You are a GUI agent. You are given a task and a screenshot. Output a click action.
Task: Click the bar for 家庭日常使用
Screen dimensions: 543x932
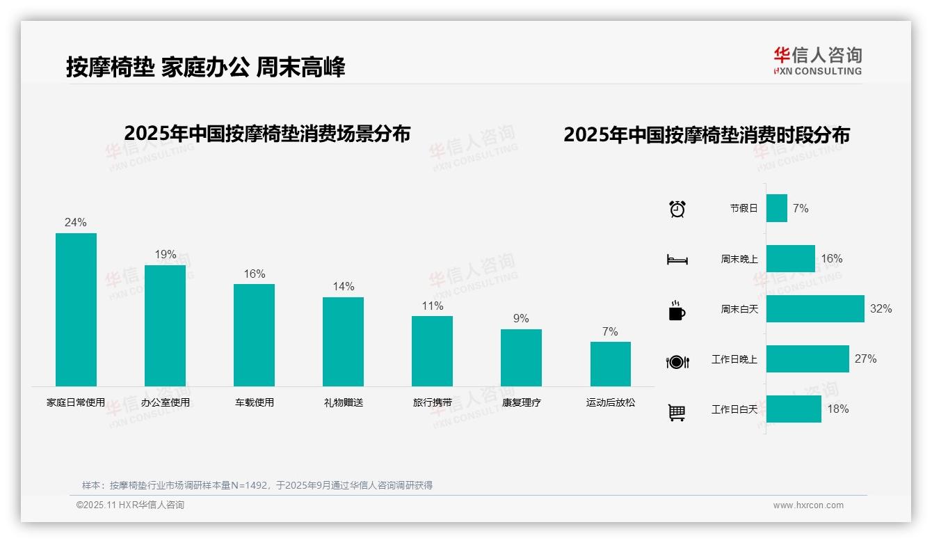coord(76,310)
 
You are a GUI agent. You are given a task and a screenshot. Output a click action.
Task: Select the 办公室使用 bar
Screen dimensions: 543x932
coord(165,326)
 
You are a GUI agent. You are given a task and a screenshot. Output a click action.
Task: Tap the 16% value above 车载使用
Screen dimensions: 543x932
coord(254,274)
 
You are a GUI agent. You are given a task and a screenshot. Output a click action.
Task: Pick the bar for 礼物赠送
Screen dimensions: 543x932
coord(343,342)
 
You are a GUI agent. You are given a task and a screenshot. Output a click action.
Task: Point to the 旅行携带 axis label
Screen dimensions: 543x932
coord(432,402)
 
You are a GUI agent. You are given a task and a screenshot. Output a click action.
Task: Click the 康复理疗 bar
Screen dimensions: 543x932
coord(521,358)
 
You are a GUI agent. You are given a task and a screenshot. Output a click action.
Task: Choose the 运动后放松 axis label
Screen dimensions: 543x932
coord(610,402)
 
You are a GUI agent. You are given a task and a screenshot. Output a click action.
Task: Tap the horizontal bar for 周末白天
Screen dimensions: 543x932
coord(814,308)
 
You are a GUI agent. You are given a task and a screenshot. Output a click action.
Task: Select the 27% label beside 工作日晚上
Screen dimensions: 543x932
coord(865,359)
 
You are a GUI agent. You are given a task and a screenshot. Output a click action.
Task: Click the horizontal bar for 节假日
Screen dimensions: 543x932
coord(776,208)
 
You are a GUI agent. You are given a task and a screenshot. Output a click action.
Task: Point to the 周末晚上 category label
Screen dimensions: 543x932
coord(739,259)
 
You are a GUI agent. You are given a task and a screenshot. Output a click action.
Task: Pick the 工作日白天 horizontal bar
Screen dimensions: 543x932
coord(794,409)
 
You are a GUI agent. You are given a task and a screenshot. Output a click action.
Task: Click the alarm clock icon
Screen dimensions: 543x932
coord(677,209)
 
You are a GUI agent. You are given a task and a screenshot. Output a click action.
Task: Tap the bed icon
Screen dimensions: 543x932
coord(677,260)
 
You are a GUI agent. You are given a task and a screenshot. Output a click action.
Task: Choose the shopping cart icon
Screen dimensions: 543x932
coord(677,412)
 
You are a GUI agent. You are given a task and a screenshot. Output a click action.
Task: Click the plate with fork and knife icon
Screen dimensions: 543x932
coord(677,361)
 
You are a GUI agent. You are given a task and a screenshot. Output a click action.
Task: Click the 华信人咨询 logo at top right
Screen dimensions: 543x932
coord(817,61)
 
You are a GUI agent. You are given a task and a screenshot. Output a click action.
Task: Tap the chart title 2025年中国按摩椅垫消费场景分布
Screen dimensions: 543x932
coord(267,134)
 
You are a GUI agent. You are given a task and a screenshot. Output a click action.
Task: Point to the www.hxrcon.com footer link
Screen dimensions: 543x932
coord(808,505)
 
